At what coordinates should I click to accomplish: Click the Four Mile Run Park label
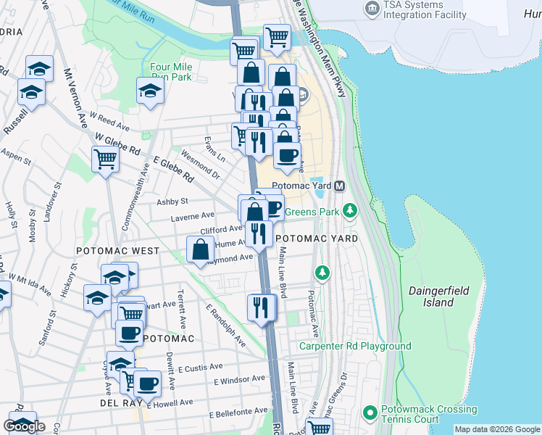pyautogui.click(x=170, y=72)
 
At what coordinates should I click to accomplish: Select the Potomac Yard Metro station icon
pyautogui.click(x=338, y=186)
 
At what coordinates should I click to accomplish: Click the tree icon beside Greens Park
pyautogui.click(x=351, y=211)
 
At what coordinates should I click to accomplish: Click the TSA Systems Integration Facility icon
pyautogui.click(x=372, y=9)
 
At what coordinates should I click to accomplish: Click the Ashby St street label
pyautogui.click(x=174, y=201)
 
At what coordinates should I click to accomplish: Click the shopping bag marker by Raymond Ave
pyautogui.click(x=200, y=249)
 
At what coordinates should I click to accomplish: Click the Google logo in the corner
pyautogui.click(x=24, y=426)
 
